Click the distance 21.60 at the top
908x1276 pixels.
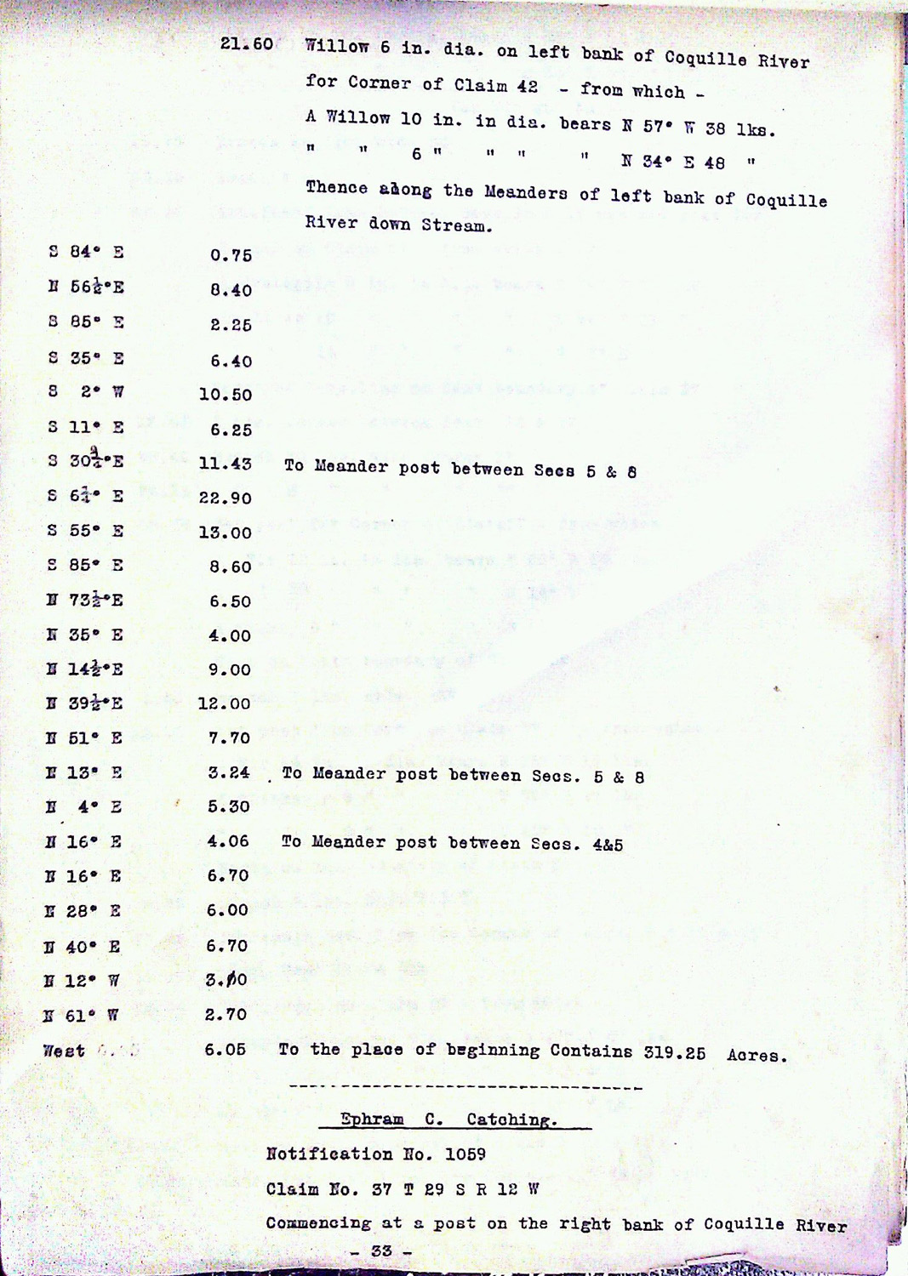(x=246, y=44)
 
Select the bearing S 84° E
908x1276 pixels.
(x=86, y=252)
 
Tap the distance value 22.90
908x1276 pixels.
(x=225, y=498)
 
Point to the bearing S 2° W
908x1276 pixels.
(x=86, y=392)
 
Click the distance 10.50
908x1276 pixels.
(x=225, y=395)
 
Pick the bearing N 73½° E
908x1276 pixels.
(x=85, y=601)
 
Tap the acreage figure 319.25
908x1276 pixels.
(x=674, y=1052)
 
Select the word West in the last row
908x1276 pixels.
(x=64, y=1051)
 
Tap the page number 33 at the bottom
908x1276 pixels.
(x=381, y=1251)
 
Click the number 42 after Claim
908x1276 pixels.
(x=527, y=86)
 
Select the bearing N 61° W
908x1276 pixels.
(x=82, y=1015)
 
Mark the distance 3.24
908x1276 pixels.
(x=228, y=772)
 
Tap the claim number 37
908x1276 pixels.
(x=381, y=1189)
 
